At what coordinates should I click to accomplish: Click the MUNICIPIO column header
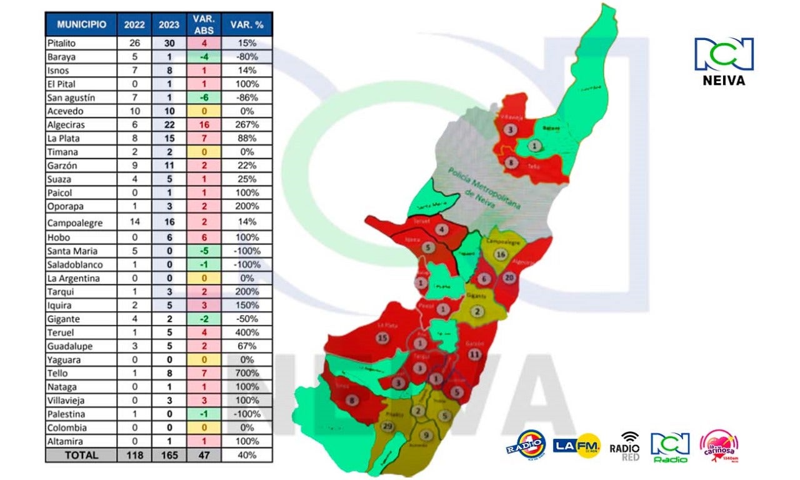81,25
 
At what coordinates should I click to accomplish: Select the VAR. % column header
247,25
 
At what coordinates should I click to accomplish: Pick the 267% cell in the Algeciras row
247,124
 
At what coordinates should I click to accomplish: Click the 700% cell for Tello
247,373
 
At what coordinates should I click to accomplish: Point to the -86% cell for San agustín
247,97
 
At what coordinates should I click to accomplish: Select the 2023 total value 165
169,455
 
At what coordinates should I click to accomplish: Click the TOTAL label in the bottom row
81,455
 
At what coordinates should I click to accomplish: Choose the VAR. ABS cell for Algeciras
204,124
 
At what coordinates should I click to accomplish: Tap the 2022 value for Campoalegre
134,222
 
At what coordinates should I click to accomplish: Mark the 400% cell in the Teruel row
247,332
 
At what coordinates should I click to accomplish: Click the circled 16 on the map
499,254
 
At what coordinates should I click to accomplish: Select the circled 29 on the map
388,427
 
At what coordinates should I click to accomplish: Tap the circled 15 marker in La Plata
383,338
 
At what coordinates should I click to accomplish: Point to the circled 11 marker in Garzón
475,354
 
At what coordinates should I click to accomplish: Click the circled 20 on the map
510,277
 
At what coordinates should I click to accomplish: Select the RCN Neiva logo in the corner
724,61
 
